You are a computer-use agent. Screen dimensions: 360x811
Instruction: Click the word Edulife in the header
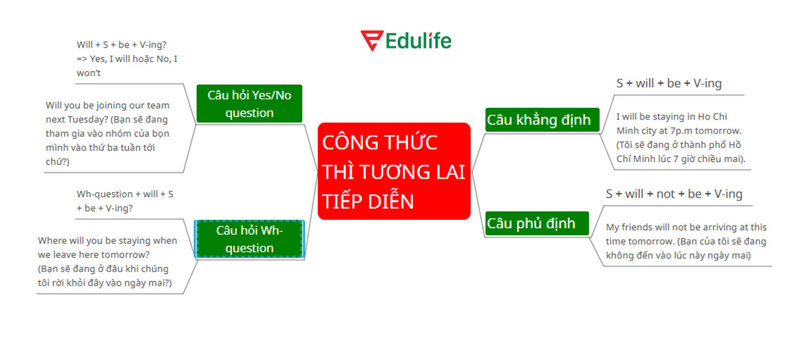418,41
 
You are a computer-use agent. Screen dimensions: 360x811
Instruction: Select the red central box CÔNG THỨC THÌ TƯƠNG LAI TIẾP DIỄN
393,171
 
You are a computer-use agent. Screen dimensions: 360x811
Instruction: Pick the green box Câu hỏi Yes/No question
249,103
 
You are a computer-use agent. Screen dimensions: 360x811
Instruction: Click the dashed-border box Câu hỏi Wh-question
249,239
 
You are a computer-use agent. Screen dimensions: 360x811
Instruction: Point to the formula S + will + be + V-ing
668,83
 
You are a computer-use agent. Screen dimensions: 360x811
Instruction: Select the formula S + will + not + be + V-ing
674,194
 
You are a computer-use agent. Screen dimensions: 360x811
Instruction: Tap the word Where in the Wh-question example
51,241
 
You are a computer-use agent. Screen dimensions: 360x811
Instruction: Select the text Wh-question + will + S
125,194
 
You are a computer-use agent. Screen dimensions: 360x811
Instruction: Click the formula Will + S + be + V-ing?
122,45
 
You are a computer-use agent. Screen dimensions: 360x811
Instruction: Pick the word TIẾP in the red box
343,201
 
